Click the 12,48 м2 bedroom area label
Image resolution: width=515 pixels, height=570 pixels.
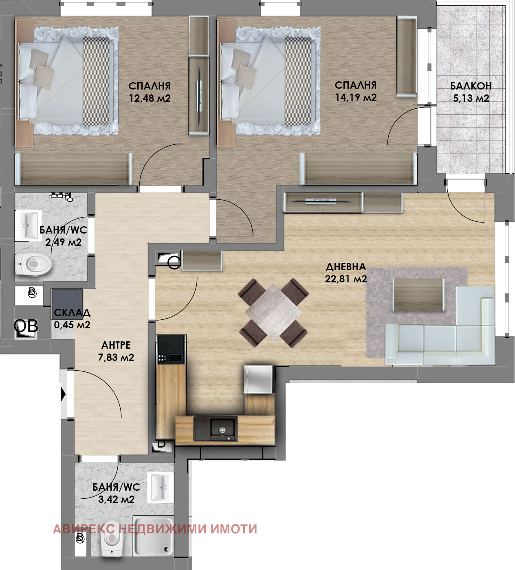[x=150, y=98]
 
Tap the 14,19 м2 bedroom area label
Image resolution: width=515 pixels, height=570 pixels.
[x=356, y=98]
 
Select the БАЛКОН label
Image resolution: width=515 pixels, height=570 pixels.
[x=471, y=86]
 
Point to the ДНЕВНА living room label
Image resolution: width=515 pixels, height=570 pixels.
[x=346, y=266]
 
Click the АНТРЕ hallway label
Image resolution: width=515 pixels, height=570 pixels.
[x=116, y=345]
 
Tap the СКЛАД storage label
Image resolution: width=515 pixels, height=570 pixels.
[x=72, y=312]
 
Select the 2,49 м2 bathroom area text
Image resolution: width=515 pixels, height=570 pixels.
[x=63, y=242]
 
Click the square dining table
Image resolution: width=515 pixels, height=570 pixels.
[x=273, y=312]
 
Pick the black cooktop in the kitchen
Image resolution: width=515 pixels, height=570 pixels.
[x=171, y=350]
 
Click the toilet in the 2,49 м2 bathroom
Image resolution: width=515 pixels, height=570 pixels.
[x=33, y=264]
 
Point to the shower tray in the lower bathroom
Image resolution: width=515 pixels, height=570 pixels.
[x=153, y=537]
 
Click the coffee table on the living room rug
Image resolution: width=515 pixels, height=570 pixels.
[x=418, y=295]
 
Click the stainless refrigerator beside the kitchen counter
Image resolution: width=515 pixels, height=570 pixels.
[x=259, y=380]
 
